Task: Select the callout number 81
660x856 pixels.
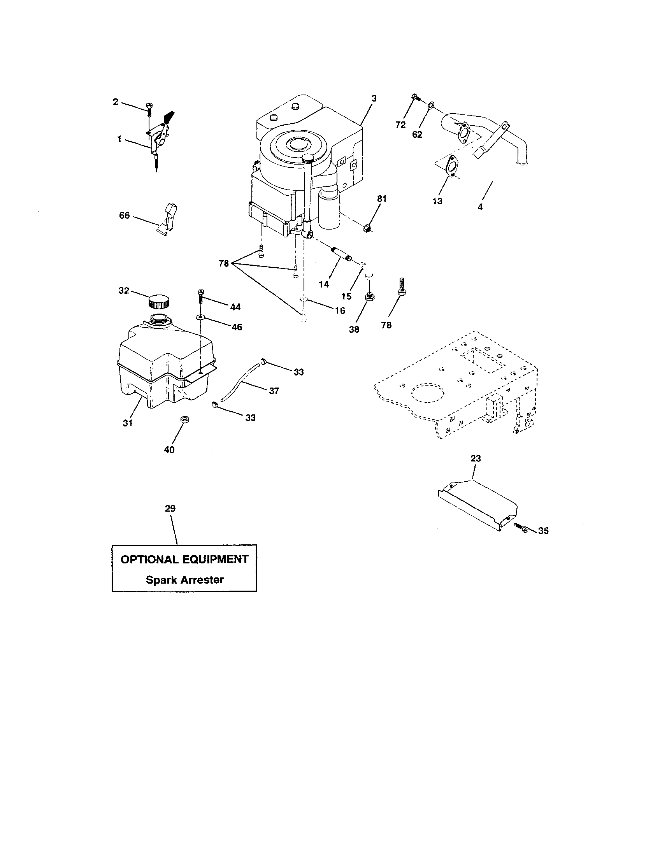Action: (382, 199)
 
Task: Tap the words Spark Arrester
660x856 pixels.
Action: (184, 580)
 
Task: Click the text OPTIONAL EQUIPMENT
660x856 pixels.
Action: (184, 559)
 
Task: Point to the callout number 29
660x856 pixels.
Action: (170, 509)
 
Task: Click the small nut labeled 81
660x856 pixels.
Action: (367, 227)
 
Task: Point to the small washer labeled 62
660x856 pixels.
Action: (430, 105)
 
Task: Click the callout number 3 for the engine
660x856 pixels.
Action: (374, 98)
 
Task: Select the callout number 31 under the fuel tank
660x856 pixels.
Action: (128, 423)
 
